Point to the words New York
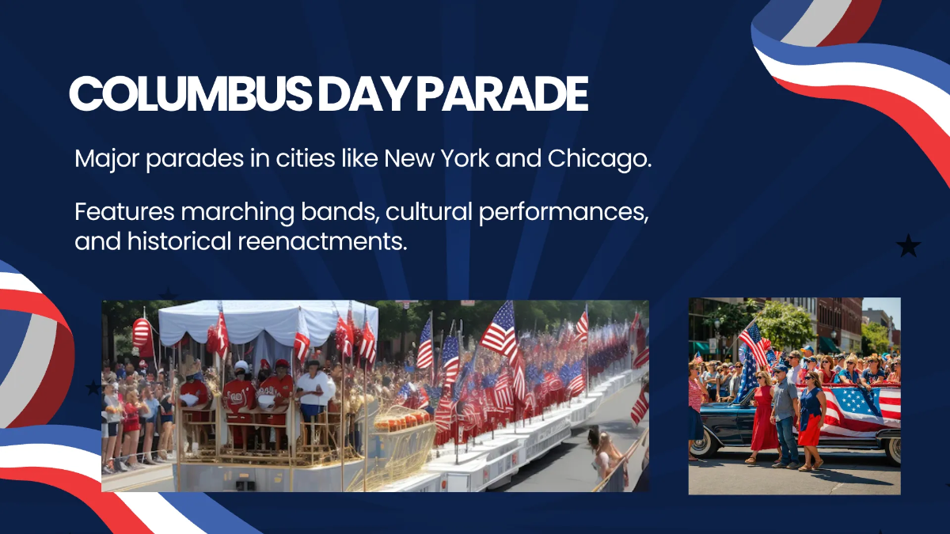click(x=439, y=159)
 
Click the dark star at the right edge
click(x=908, y=247)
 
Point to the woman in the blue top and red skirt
click(x=811, y=419)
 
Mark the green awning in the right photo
click(x=828, y=345)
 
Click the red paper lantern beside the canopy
click(x=142, y=331)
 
